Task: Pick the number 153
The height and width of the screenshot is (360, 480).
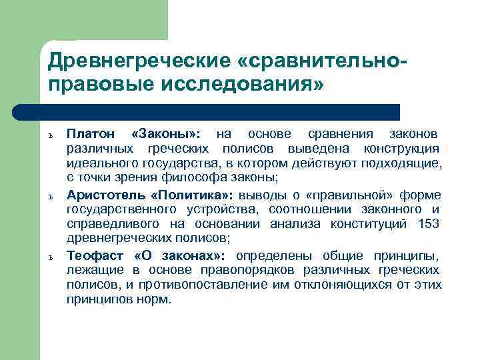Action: [427, 223]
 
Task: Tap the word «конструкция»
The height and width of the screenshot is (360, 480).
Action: [401, 148]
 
